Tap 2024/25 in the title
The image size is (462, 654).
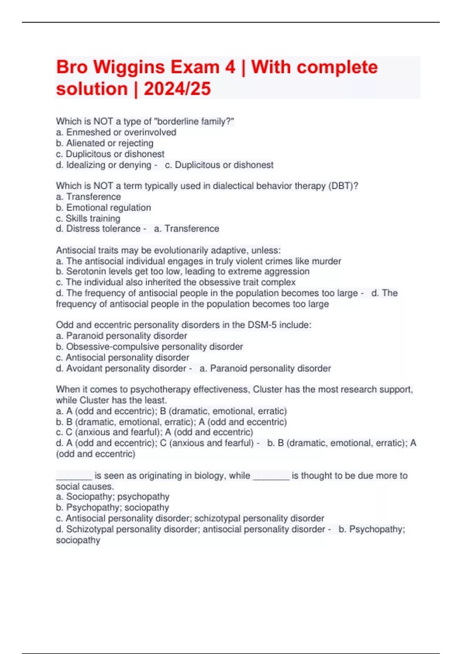pos(177,89)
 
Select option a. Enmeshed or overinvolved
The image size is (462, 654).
pos(116,132)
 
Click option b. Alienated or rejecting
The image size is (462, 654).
pos(105,143)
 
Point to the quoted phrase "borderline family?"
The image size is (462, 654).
pos(194,122)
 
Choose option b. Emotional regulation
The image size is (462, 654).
pos(104,208)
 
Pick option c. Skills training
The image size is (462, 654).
pos(88,219)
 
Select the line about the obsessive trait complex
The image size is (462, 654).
pos(176,282)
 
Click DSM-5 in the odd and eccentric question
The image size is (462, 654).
pos(262,325)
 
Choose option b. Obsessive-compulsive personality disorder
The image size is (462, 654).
pos(149,347)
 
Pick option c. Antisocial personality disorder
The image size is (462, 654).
pos(122,357)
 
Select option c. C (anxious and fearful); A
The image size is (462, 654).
pos(154,432)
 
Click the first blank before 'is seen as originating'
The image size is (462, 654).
pos(74,476)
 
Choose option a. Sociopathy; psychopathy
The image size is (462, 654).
pos(112,497)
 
